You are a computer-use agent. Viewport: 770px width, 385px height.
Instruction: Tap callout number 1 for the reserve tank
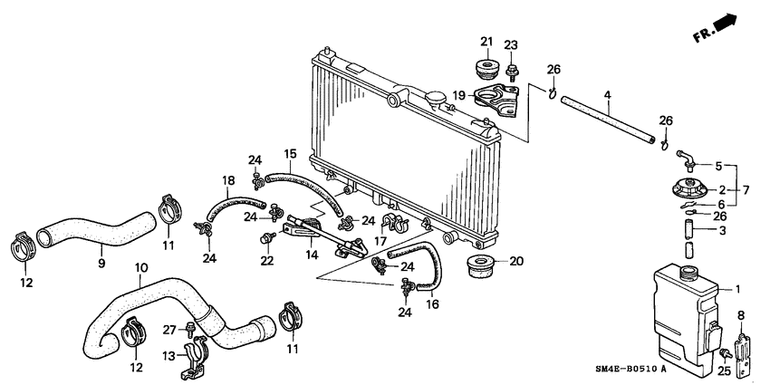point(736,289)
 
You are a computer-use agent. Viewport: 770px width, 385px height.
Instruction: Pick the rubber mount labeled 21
point(486,70)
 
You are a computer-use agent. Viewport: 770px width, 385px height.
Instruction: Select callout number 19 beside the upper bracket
point(459,94)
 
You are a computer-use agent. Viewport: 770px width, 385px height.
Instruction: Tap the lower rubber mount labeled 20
point(478,265)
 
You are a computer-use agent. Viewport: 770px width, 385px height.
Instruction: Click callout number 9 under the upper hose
point(101,264)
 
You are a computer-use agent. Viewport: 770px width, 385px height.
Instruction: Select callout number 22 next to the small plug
point(265,261)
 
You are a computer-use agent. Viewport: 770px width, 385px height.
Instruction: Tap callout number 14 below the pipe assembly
point(311,257)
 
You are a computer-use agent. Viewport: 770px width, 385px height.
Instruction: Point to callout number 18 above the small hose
point(228,181)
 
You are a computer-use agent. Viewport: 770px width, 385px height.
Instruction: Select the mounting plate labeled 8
point(744,348)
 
